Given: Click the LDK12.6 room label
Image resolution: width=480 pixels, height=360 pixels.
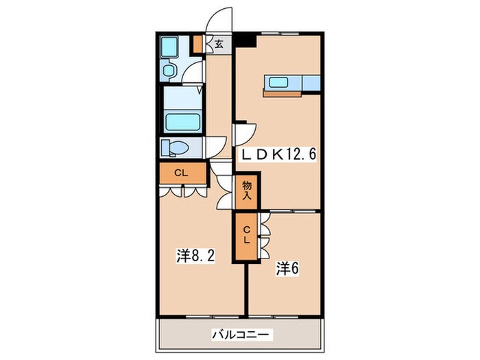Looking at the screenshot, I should point(276,154).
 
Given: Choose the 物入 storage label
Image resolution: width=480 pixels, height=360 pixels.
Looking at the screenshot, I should point(245,190).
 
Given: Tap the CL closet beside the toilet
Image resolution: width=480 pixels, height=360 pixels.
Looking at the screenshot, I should point(182,173).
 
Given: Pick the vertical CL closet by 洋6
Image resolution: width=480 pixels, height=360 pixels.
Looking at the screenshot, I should point(245,236).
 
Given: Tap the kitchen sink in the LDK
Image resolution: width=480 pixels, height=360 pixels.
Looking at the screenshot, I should point(279,82).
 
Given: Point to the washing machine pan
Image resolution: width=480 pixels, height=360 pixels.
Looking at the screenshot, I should point(169,47).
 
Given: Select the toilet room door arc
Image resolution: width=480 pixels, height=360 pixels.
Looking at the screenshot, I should point(216,146).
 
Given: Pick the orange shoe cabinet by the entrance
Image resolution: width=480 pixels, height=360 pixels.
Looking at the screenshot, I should point(197,44).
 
